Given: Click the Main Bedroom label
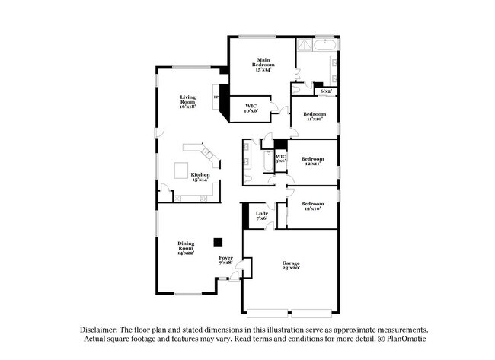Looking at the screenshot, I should pyautogui.click(x=263, y=63).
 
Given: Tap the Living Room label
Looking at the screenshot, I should pyautogui.click(x=187, y=102).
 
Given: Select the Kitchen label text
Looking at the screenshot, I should pyautogui.click(x=200, y=177).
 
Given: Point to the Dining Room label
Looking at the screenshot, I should pyautogui.click(x=186, y=247).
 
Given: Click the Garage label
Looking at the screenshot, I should pyautogui.click(x=291, y=265).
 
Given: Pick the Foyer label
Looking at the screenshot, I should pyautogui.click(x=225, y=260).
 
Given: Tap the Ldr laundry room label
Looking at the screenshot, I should pyautogui.click(x=261, y=215).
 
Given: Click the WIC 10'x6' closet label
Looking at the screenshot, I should pyautogui.click(x=251, y=108).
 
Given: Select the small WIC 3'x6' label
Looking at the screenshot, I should pyautogui.click(x=280, y=158).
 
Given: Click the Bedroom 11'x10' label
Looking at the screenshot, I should pyautogui.click(x=315, y=116).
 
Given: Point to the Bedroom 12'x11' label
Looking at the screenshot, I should pyautogui.click(x=312, y=161).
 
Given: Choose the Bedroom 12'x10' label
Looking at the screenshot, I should pyautogui.click(x=312, y=205).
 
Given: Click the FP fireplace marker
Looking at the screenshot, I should pyautogui.click(x=216, y=97).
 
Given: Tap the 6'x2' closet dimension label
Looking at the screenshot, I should pyautogui.click(x=326, y=91).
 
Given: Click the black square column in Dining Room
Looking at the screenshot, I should pyautogui.click(x=218, y=241).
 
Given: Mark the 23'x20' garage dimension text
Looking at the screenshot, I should pyautogui.click(x=291, y=268).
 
